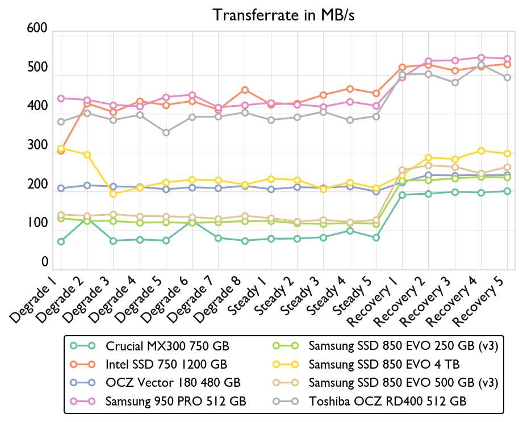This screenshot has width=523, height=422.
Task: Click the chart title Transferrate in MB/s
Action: coord(283,15)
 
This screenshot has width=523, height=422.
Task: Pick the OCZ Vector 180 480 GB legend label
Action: coord(173,382)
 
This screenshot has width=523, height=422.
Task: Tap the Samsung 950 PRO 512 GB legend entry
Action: coord(175,401)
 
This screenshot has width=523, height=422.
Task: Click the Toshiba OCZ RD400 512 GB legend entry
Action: coord(387,401)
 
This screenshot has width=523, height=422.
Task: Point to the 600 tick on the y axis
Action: coord(36,30)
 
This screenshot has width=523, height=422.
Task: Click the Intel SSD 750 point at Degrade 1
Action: coord(60,151)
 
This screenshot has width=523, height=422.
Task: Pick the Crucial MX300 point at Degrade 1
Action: coord(60,241)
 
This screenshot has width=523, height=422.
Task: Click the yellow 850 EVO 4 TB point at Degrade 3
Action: coord(113,194)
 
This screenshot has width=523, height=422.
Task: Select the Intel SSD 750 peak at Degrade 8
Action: coord(245,90)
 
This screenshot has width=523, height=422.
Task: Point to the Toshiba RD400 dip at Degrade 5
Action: coord(166,132)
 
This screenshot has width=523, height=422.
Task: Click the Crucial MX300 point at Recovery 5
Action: coord(508,191)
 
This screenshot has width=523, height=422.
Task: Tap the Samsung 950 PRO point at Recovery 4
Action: coord(482,57)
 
